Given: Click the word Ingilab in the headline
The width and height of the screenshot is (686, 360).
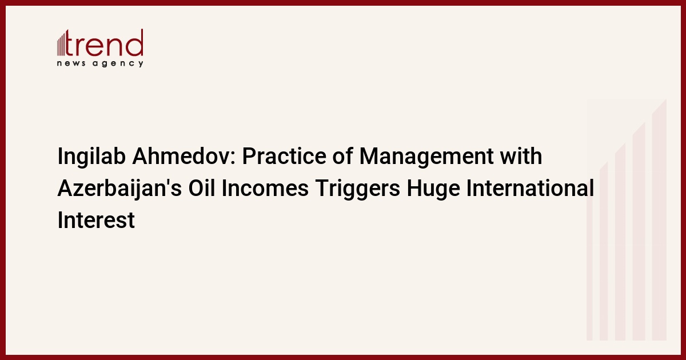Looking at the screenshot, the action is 91,157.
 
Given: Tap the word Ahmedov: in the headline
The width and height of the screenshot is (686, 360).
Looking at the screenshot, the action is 184,156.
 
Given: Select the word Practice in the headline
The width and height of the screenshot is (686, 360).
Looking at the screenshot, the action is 284,156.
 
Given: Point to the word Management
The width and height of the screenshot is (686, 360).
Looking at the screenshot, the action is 426,157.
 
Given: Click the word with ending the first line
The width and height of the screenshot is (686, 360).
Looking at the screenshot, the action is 521,156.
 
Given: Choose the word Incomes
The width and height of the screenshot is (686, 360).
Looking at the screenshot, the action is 265,188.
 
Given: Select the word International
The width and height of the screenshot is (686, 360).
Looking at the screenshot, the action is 531,188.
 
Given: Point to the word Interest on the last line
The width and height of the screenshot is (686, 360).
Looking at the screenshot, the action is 96,220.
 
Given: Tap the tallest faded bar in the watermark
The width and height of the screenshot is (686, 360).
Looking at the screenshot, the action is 659,220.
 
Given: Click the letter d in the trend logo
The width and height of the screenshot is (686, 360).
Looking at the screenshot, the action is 135,42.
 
